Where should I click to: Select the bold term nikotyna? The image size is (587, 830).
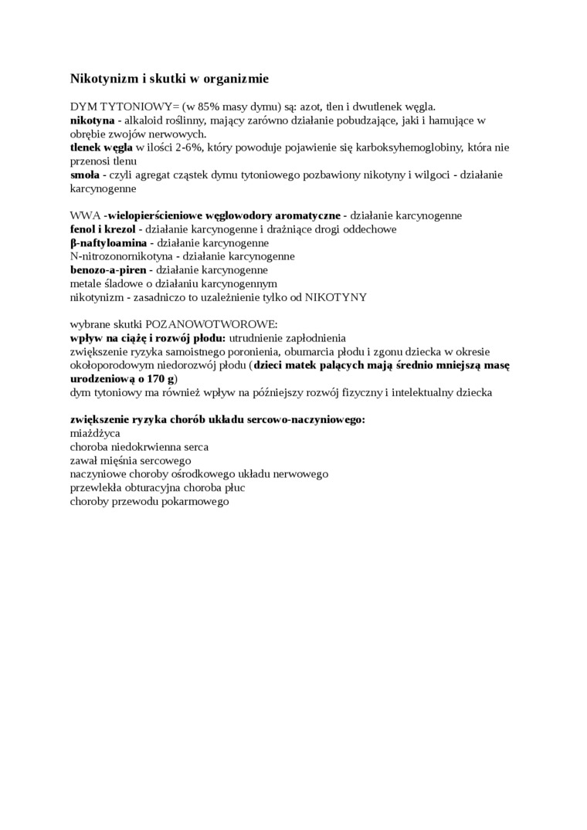coord(92,120)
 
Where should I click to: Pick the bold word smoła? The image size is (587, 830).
coord(85,174)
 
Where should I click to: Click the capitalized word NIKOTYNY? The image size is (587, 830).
coord(336,297)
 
